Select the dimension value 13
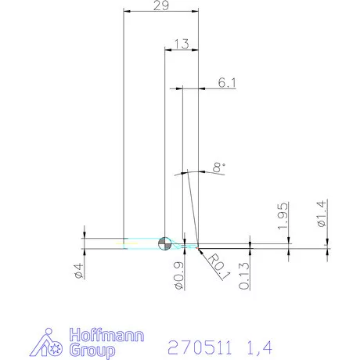[181, 45]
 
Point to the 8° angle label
[218, 167]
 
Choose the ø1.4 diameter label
[322, 213]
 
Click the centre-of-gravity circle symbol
[164, 243]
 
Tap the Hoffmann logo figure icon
[49, 342]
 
